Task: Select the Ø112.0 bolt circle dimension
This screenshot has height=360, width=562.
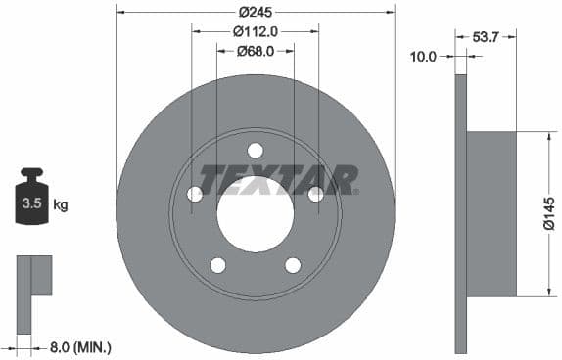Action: coord(255,31)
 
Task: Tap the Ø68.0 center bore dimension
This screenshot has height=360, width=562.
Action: coord(255,51)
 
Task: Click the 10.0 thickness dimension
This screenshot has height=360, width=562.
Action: coord(422,57)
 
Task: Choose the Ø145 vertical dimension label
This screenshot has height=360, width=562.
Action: coord(548,213)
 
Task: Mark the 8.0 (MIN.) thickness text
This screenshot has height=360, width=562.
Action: coord(80,346)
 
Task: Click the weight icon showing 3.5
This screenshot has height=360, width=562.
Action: coord(31,200)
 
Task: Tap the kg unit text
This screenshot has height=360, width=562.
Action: coord(61,205)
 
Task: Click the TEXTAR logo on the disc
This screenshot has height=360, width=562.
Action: coord(278,180)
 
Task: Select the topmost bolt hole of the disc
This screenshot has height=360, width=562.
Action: coord(255,150)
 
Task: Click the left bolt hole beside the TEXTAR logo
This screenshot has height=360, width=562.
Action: coord(195,194)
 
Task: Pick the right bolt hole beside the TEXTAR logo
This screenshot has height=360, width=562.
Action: coord(315,194)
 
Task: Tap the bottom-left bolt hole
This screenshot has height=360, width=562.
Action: coord(217,265)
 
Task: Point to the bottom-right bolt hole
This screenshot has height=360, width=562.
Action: coord(293,265)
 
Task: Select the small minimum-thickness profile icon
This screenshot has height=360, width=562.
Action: coord(32,284)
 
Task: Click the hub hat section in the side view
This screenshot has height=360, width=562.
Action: coord(492,213)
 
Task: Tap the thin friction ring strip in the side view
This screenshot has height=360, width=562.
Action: coord(460,213)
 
